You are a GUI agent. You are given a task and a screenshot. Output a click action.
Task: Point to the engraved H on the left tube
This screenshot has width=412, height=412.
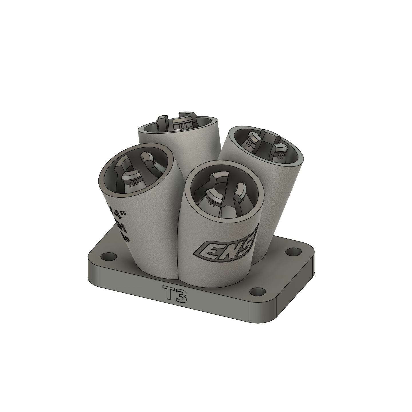coord(122,227)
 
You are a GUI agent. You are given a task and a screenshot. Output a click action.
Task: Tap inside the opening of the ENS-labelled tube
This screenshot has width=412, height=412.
coord(224,195)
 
